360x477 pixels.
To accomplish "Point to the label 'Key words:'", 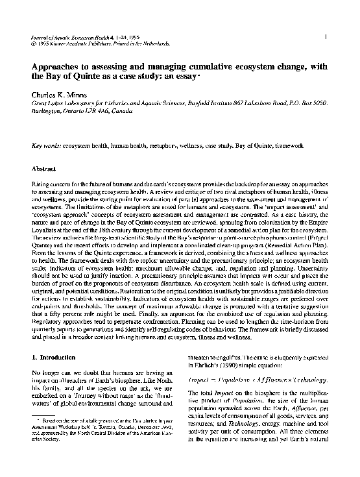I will coord(46,147).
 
